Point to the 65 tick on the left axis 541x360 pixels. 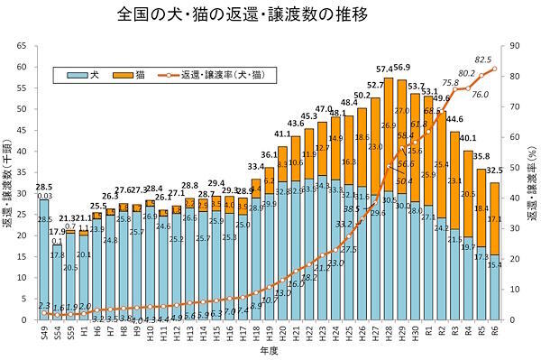(24, 45)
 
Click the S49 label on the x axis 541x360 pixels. (43, 332)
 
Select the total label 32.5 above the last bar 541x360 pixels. (495, 171)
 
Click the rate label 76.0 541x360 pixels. (480, 94)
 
